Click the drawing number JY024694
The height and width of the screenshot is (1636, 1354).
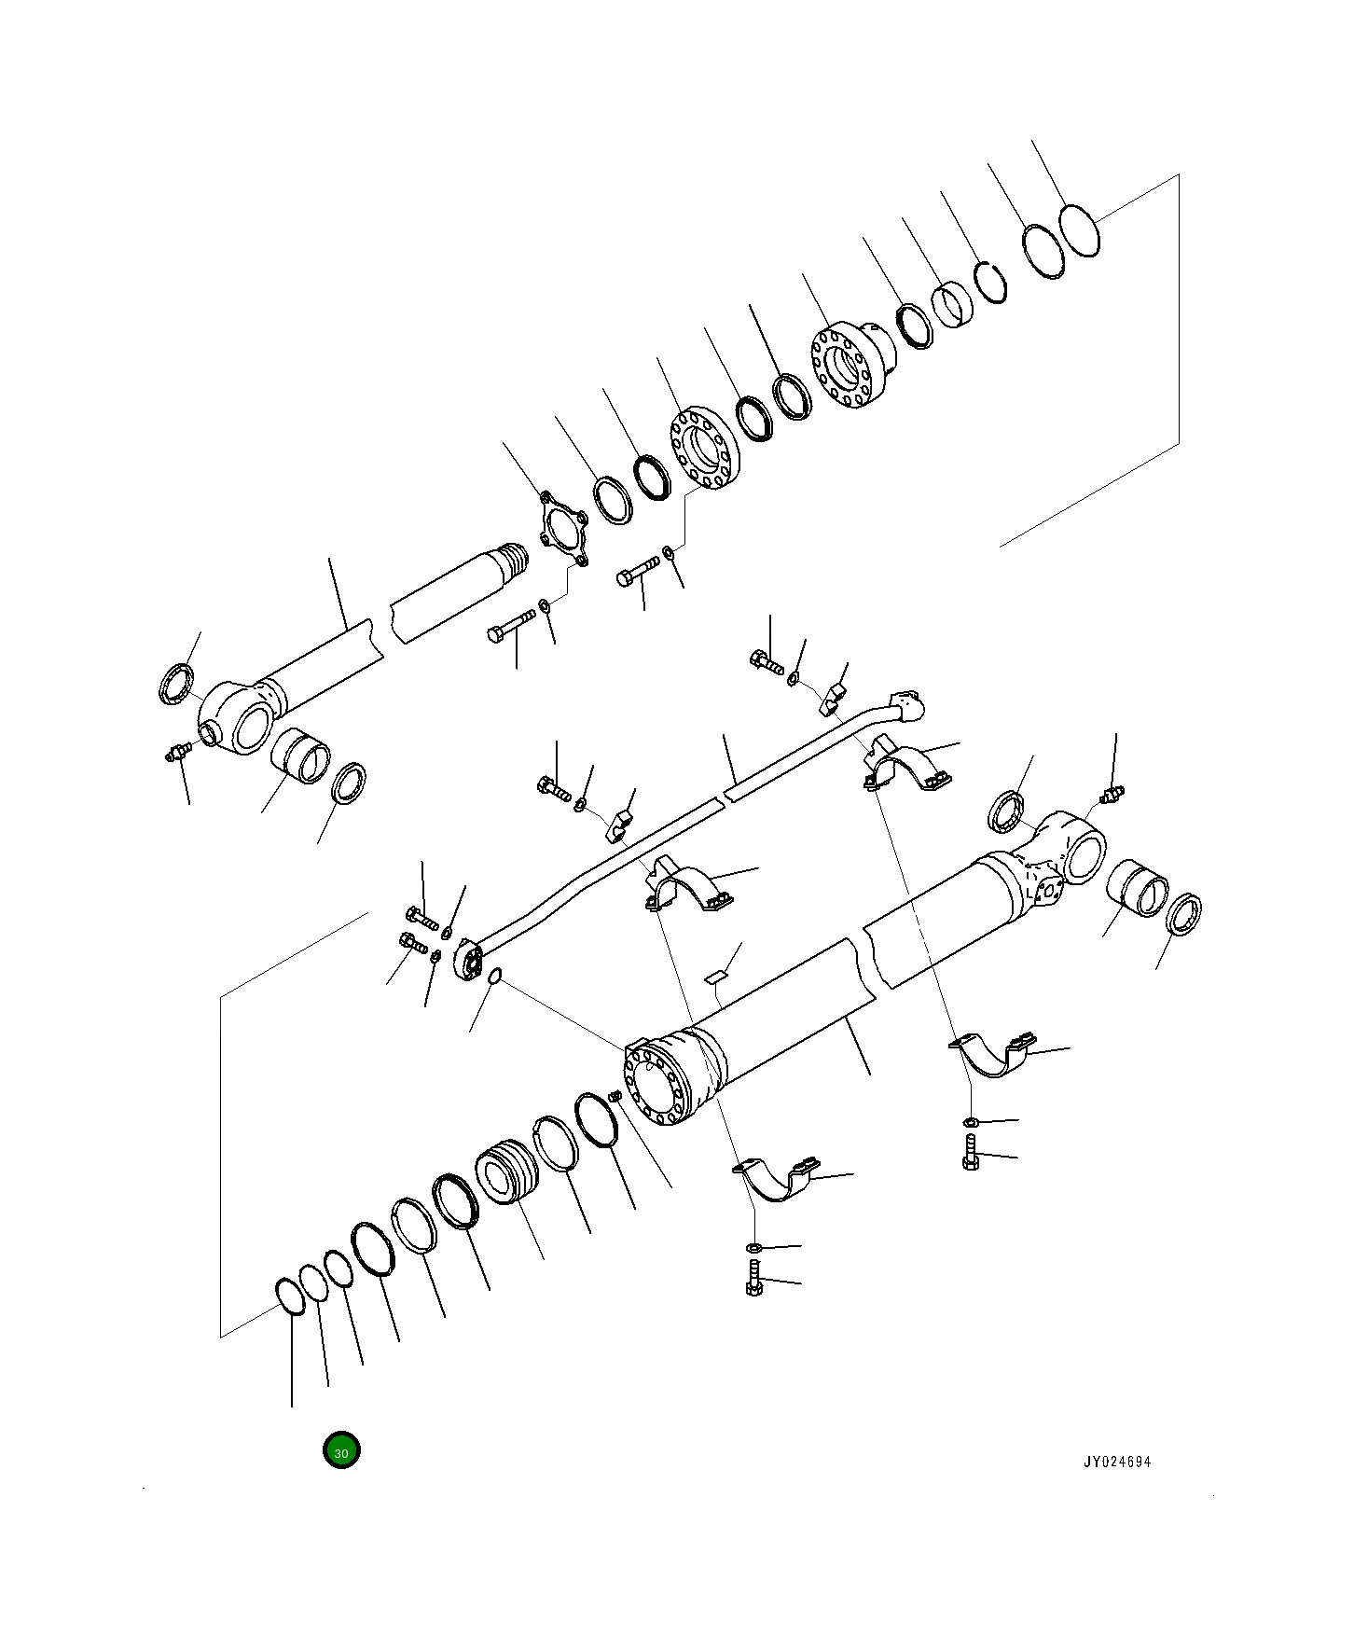[1116, 1462]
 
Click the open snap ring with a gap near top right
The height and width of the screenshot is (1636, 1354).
[991, 282]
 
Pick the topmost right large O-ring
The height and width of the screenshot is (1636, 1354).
[1080, 229]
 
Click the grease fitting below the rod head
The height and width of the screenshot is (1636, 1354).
[174, 752]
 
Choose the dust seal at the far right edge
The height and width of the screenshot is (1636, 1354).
[1184, 913]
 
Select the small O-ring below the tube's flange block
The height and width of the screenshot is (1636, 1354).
[495, 977]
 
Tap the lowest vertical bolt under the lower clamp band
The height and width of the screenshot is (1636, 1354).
[754, 1279]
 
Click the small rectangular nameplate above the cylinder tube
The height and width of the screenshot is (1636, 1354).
[715, 976]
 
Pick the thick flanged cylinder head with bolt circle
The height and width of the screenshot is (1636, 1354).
[850, 367]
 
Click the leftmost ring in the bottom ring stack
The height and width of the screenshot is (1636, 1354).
[290, 1297]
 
